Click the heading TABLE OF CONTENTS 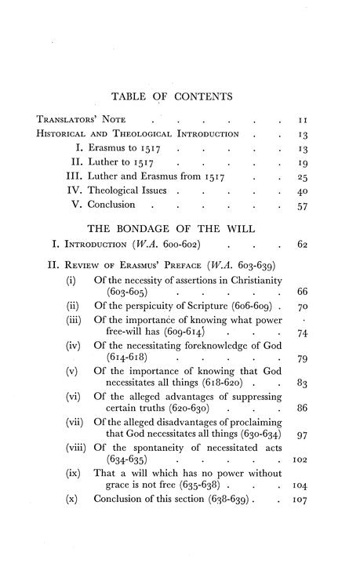click(180, 96)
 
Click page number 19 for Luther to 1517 click(307, 165)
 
